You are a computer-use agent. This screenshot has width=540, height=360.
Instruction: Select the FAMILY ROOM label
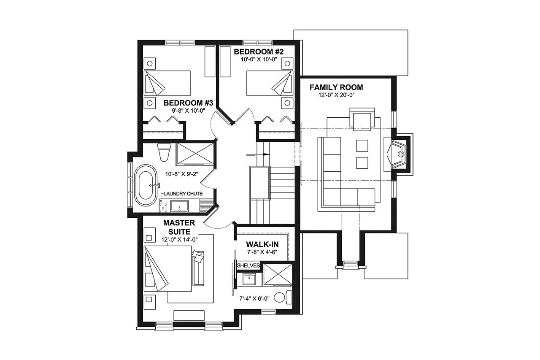click(x=336, y=88)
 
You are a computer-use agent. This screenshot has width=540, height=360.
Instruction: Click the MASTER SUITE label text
click(x=180, y=227)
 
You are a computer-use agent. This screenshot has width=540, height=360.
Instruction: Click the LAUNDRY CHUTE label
click(x=184, y=194)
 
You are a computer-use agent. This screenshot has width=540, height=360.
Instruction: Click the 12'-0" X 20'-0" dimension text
click(x=336, y=95)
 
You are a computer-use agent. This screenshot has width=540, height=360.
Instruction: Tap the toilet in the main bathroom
click(x=163, y=152)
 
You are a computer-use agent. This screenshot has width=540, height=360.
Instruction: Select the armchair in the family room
click(x=362, y=118)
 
